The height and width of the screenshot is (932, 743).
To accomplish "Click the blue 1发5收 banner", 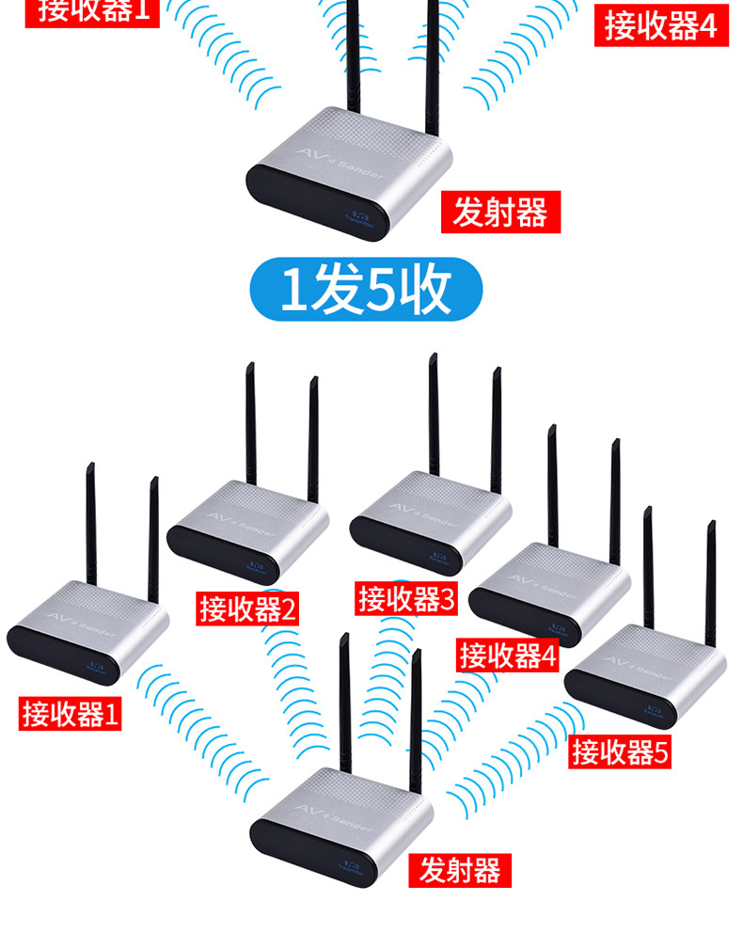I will coord(365,290).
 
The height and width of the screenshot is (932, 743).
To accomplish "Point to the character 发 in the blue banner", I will coord(335,291).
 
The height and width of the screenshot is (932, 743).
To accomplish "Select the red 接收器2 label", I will coord(247,609).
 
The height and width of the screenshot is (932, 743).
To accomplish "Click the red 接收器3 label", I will coord(406,599).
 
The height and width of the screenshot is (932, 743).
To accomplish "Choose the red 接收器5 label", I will coord(621,751).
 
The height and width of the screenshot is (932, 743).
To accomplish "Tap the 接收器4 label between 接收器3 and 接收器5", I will coord(508,655).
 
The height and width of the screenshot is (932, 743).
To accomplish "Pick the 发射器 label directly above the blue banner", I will coord(499,213).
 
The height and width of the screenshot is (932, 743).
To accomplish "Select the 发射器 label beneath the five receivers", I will coord(460,870).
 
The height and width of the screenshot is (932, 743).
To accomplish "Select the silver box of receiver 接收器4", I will coord(549,585).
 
